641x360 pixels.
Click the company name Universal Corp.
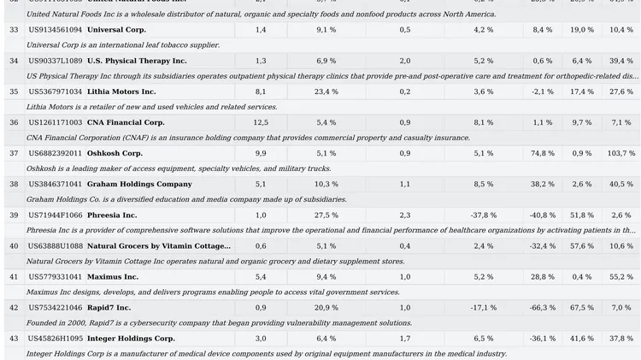point(116,30)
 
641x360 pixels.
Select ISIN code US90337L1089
point(56,62)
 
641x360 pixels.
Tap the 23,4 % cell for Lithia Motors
point(326,91)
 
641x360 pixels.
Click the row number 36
point(14,122)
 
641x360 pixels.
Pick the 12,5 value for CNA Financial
point(261,122)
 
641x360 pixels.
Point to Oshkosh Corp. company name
point(115,153)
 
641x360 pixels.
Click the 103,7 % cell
point(621,153)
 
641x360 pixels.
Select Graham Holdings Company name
point(139,184)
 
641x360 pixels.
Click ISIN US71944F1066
point(56,215)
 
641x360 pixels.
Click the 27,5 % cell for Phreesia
point(326,215)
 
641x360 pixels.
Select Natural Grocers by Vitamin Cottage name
point(159,246)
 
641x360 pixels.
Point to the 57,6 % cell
point(582,246)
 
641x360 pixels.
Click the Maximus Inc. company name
point(113,277)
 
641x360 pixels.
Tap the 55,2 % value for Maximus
point(621,277)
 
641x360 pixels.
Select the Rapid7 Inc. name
point(109,308)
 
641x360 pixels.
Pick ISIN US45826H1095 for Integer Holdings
point(56,339)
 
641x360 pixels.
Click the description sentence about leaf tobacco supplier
point(111,45)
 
